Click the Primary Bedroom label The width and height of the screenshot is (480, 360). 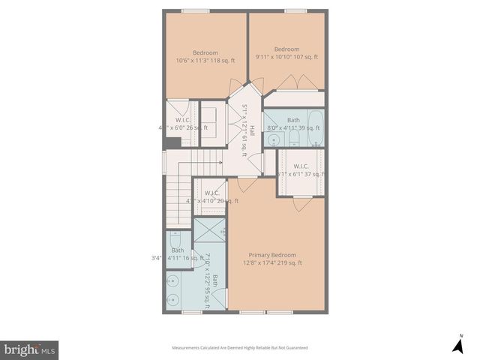click(273, 254)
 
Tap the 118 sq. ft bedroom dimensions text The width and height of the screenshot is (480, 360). click(205, 61)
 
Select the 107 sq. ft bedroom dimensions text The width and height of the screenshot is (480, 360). click(286, 57)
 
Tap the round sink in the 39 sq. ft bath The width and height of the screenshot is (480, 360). click(274, 139)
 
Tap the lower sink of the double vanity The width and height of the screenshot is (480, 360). click(174, 300)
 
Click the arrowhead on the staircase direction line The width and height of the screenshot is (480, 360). click(220, 161)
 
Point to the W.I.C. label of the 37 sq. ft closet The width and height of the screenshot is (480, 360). click(301, 166)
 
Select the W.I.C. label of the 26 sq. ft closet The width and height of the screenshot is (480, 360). click(182, 119)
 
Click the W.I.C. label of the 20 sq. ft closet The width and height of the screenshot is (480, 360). click(211, 193)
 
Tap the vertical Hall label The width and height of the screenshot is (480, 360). click(253, 130)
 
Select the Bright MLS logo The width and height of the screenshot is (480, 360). click(29, 349)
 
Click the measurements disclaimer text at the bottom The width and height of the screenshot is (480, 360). click(239, 348)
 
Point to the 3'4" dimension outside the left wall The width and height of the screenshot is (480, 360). click(157, 259)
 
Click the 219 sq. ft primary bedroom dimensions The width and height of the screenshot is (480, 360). click(272, 263)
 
